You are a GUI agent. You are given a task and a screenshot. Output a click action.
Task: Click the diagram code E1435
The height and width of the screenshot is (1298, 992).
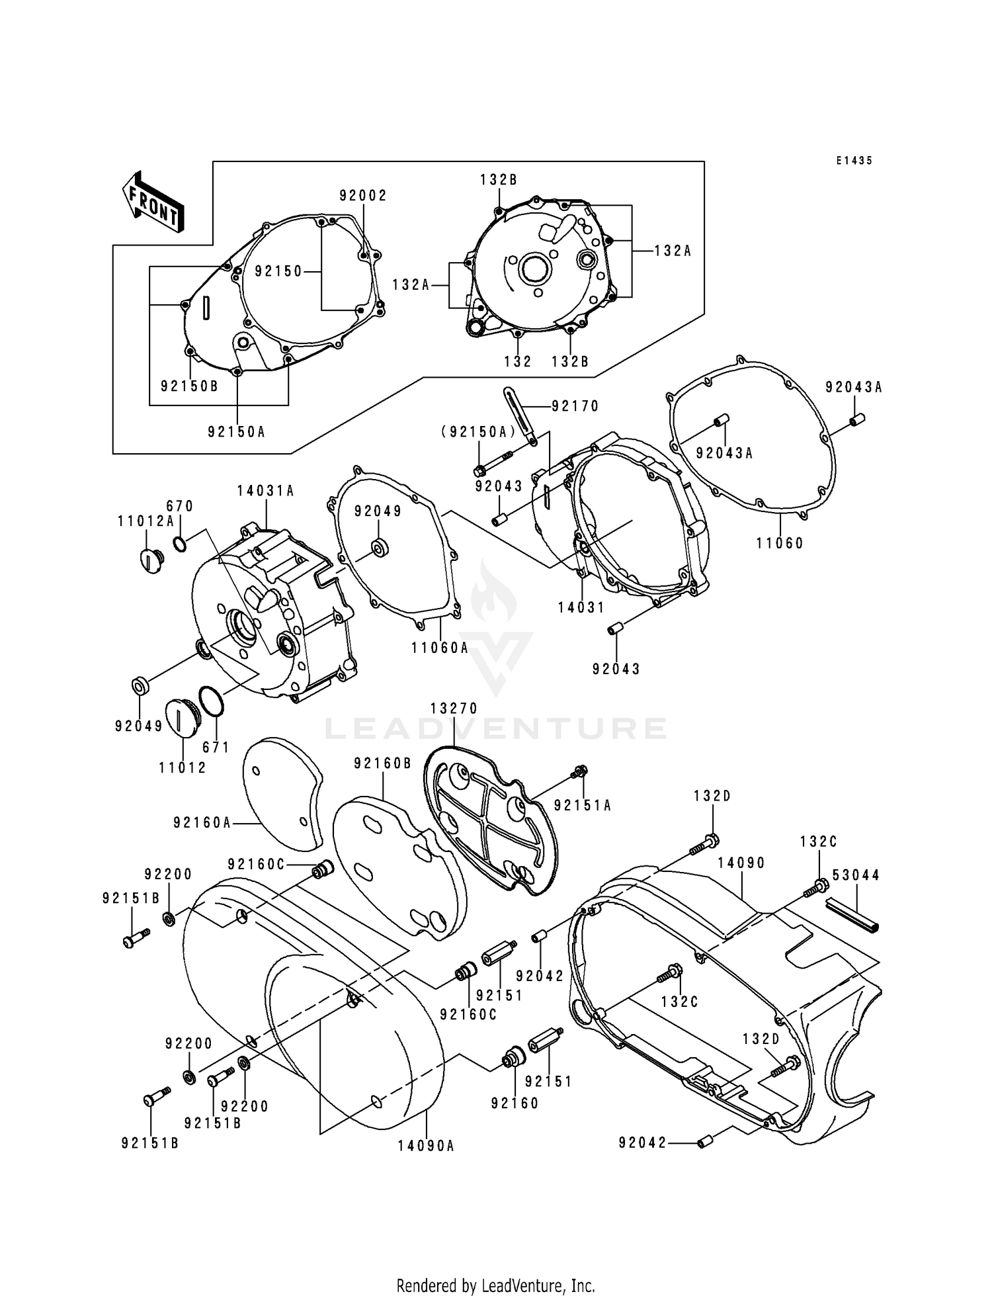854,161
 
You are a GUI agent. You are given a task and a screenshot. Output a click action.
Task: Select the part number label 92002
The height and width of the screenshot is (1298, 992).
363,196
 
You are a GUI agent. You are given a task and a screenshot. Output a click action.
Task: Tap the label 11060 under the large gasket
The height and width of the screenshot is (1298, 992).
780,544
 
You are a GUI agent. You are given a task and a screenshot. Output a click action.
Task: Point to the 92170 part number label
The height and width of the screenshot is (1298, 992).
575,406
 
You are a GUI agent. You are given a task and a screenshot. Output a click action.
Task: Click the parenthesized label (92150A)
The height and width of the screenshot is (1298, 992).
478,432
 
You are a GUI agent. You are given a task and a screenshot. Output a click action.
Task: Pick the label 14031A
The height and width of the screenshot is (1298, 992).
266,491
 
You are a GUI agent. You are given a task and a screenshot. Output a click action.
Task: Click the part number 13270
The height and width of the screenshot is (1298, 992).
454,708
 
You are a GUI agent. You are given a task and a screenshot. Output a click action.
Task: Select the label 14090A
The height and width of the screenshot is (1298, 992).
426,1146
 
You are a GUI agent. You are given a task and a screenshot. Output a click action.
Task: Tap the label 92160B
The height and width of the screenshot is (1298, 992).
382,763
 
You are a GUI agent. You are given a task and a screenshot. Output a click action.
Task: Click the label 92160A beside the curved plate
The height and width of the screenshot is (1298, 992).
202,822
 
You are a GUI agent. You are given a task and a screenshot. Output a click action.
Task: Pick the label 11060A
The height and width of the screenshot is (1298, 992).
439,648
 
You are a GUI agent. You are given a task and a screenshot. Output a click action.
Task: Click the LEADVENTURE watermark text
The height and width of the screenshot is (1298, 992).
496,729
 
